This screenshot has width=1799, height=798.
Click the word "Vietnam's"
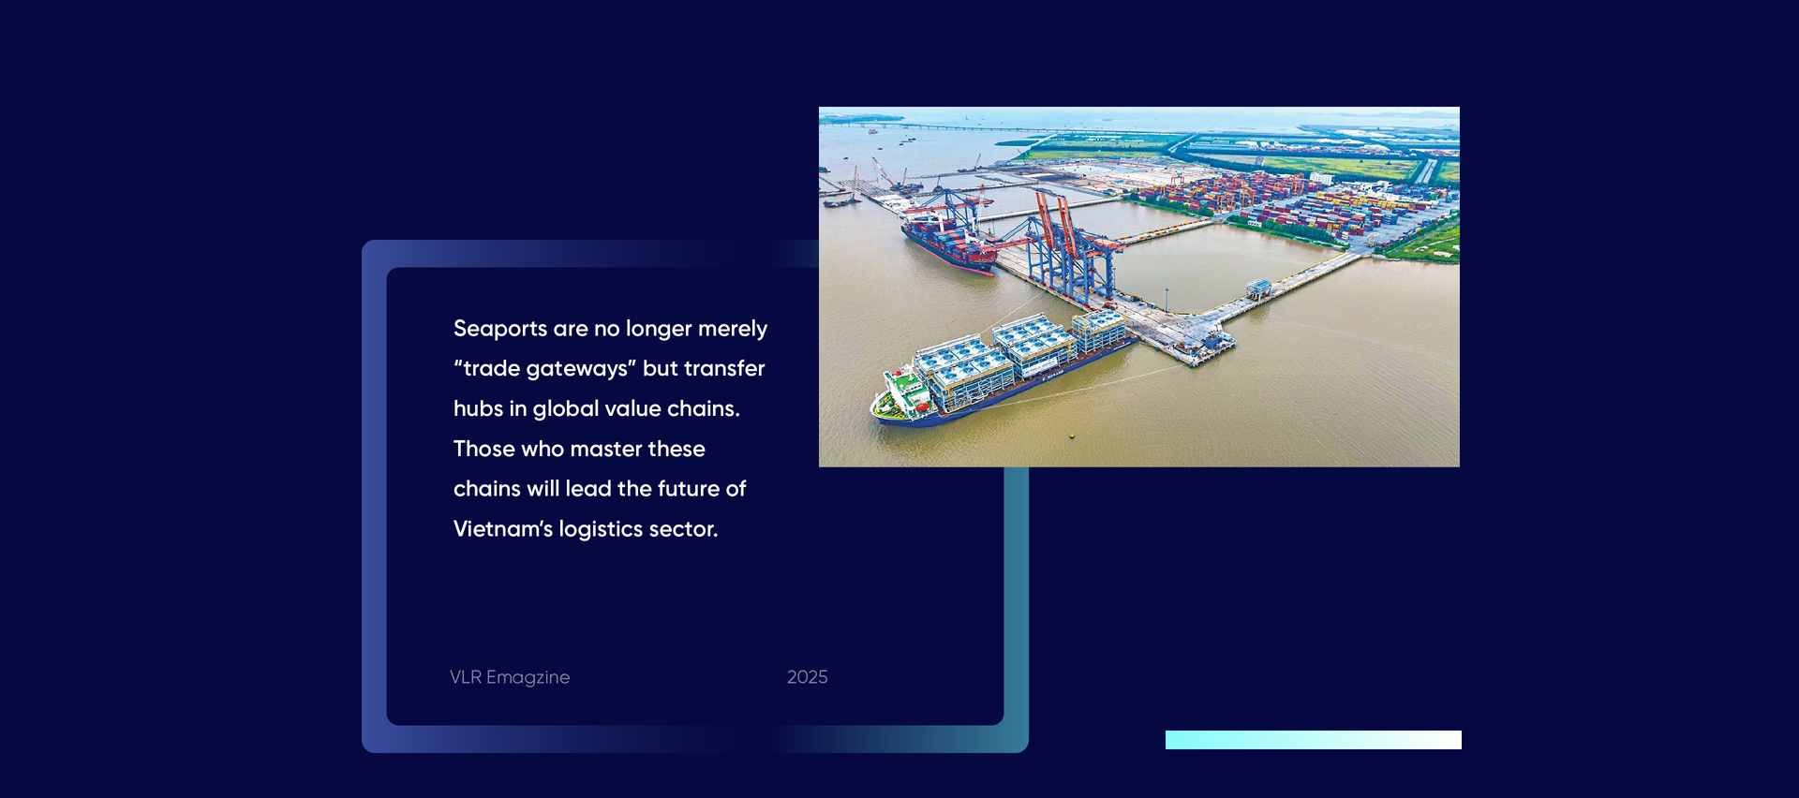[x=503, y=529]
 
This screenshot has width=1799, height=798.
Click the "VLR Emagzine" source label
[x=510, y=677]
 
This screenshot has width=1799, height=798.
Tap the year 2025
[x=808, y=677]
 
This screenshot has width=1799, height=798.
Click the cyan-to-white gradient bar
[x=1314, y=740]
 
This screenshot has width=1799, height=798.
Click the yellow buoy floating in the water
[x=1072, y=436]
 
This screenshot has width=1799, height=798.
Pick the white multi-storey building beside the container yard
[x=1321, y=178]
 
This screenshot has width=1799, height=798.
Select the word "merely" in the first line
[x=733, y=330]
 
